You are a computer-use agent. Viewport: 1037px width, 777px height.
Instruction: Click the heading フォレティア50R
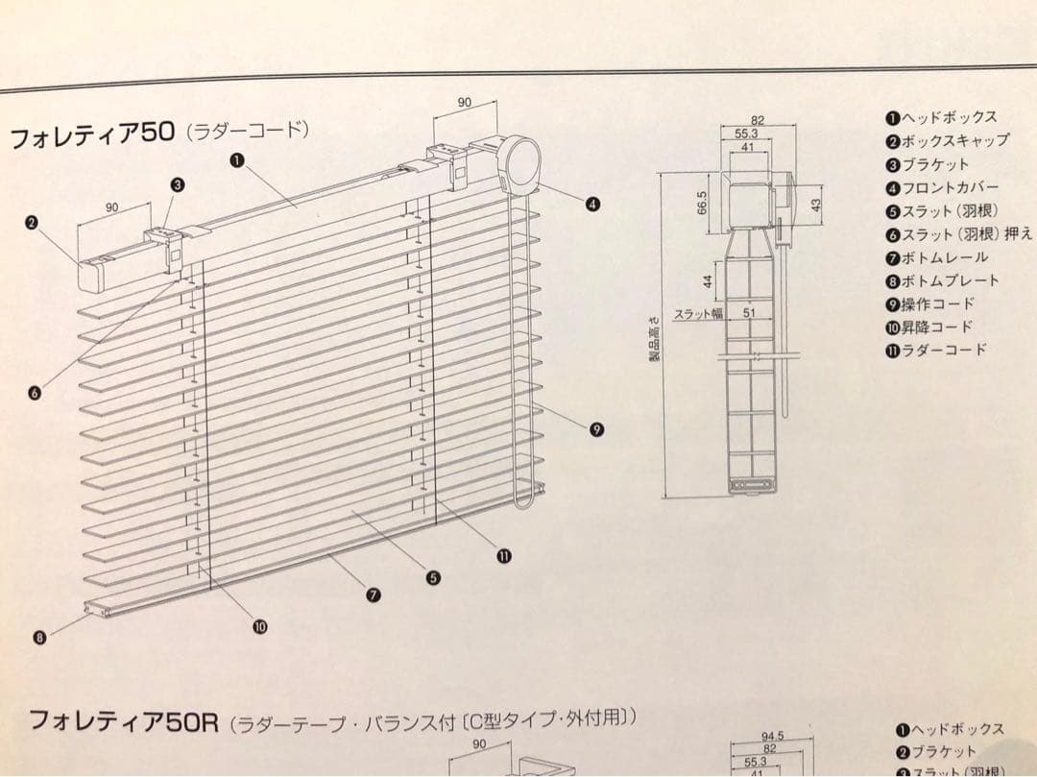[125, 720]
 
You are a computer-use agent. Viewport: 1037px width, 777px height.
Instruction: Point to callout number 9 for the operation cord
[596, 429]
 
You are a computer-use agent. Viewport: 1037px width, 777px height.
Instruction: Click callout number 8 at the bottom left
[39, 637]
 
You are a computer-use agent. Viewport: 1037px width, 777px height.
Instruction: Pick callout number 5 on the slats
[433, 577]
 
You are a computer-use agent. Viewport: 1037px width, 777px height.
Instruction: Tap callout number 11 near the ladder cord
[503, 555]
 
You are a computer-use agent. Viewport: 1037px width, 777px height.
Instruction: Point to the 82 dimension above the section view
[758, 120]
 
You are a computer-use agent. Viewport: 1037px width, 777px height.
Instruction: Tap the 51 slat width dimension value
[749, 313]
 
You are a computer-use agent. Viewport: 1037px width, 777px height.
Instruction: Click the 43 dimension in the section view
[815, 205]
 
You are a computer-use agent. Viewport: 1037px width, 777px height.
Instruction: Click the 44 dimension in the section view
[707, 280]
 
